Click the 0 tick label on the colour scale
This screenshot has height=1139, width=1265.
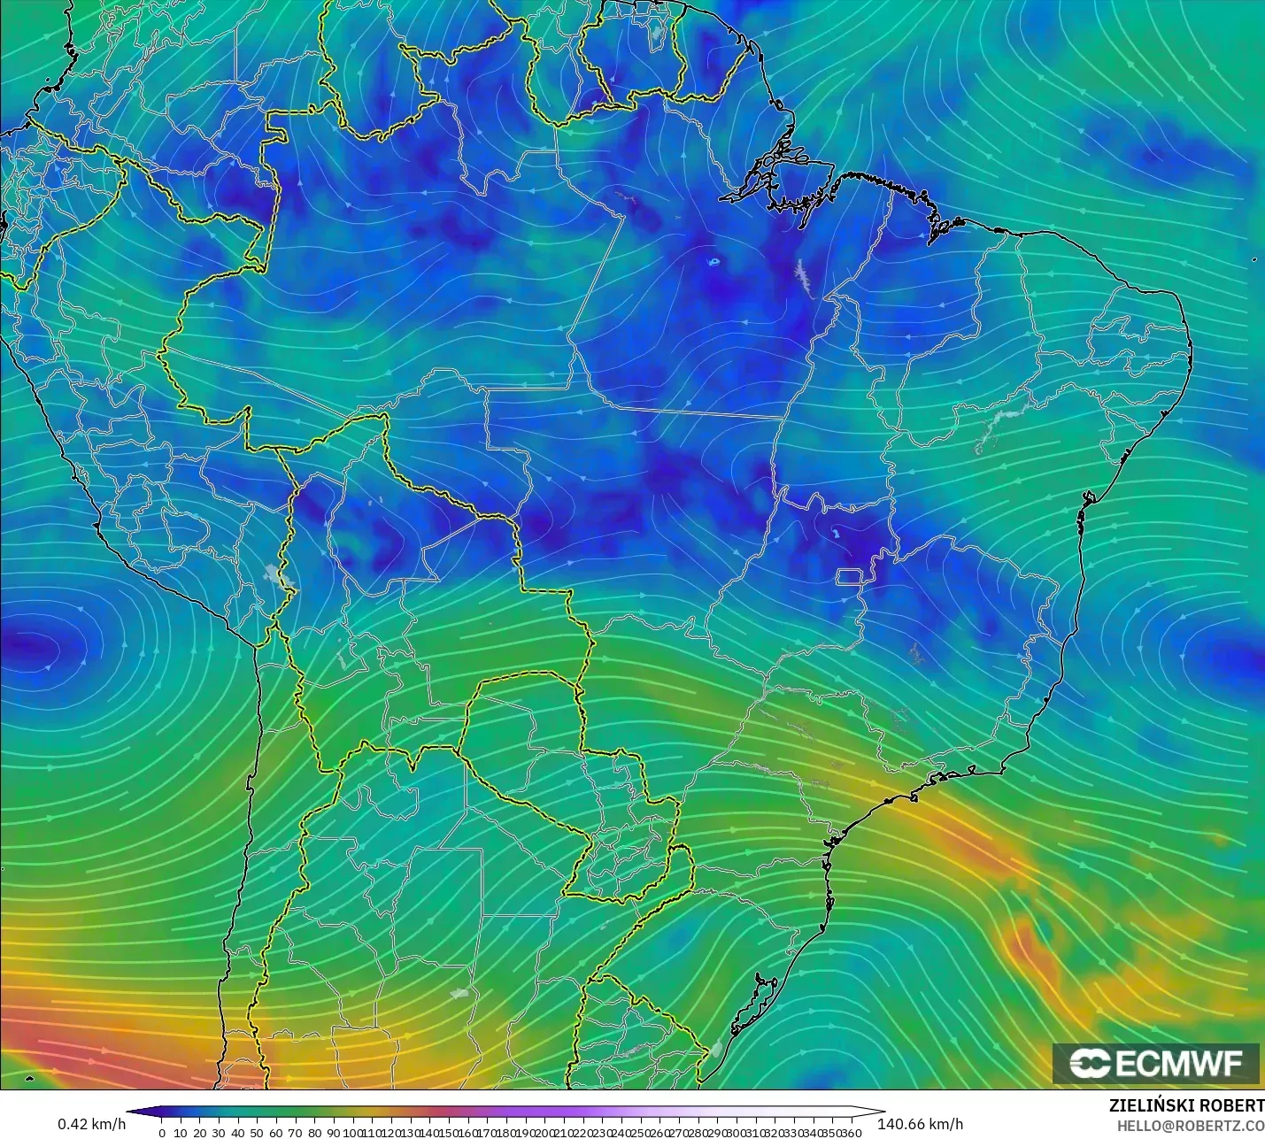pos(162,1133)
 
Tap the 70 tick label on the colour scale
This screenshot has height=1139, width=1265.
pos(295,1133)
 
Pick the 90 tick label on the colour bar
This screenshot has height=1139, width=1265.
pos(333,1133)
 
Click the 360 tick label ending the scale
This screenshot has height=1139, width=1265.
pos(852,1133)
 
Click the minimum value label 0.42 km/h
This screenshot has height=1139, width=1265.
pos(92,1124)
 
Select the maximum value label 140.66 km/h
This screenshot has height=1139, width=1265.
pos(920,1124)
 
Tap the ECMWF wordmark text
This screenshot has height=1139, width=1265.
pos(1178,1064)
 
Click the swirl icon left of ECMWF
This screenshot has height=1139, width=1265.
pos(1090,1064)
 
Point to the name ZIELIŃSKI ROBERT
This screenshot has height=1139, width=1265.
pos(1186,1105)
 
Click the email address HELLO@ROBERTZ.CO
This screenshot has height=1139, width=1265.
pos(1190,1126)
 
